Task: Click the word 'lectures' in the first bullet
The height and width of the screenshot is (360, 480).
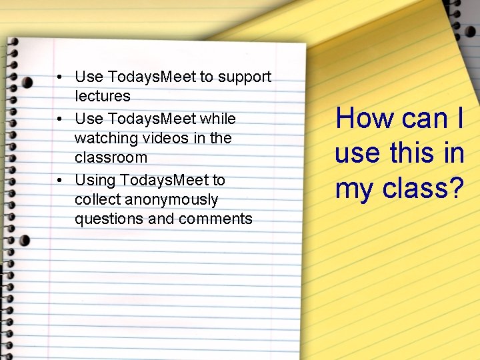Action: tap(103, 97)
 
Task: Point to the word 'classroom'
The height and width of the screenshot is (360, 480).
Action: tap(111, 157)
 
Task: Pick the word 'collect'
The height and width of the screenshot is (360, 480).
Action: tap(97, 199)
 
